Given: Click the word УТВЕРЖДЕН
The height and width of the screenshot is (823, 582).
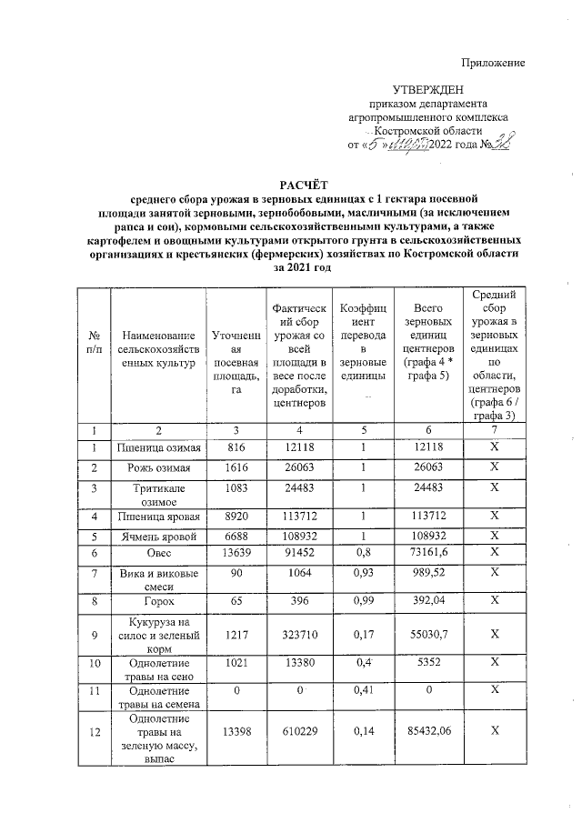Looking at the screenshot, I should point(427,90).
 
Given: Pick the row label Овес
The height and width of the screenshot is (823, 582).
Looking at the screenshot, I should point(158,552).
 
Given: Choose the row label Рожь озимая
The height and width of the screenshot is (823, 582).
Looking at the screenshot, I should point(158,467).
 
